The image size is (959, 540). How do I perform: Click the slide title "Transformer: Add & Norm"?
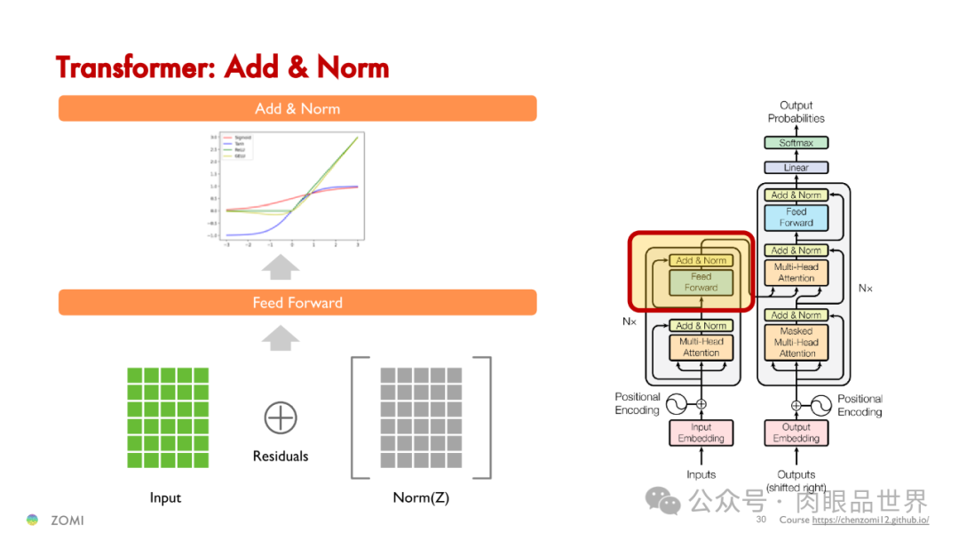[x=222, y=67]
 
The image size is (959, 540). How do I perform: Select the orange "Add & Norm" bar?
[x=297, y=108]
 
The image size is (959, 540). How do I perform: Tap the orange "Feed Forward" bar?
[x=297, y=303]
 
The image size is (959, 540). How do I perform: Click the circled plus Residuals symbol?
[x=281, y=417]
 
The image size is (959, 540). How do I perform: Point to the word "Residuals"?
[x=281, y=457]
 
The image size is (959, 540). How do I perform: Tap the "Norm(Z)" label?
[x=421, y=498]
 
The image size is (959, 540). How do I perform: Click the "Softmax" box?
[x=797, y=143]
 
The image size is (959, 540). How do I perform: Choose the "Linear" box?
[x=797, y=168]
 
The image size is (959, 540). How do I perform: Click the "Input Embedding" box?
[x=701, y=433]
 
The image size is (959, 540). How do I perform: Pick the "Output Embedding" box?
[x=797, y=433]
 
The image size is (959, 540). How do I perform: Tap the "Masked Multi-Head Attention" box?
[x=797, y=342]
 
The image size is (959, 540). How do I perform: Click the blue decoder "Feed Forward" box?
[x=797, y=218]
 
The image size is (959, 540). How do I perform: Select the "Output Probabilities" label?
[x=797, y=112]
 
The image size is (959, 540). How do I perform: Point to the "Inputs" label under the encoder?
[x=701, y=474]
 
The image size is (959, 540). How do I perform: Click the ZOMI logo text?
[x=67, y=520]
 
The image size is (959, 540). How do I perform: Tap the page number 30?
[x=761, y=520]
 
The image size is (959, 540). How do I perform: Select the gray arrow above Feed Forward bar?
[x=281, y=266]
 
